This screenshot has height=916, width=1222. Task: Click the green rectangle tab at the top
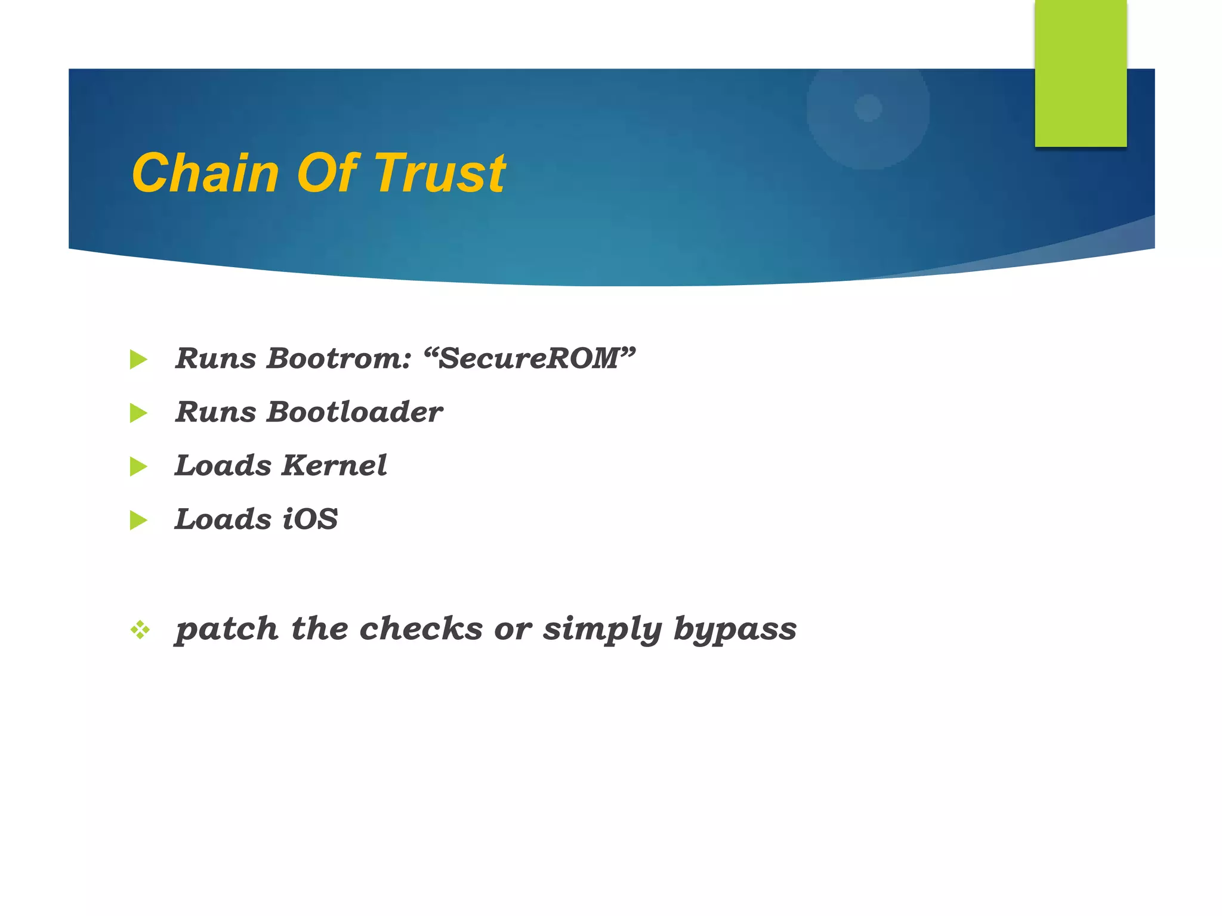pyautogui.click(x=1081, y=73)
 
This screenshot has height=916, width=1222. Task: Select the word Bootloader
pyautogui.click(x=355, y=412)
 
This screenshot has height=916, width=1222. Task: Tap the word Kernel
pyautogui.click(x=334, y=466)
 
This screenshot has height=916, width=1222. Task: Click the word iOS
pyautogui.click(x=310, y=519)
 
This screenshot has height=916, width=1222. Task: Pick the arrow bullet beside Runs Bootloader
pyautogui.click(x=138, y=413)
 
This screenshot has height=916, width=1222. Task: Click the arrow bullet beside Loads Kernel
pyautogui.click(x=138, y=466)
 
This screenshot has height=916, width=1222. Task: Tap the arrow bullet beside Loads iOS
pyautogui.click(x=138, y=520)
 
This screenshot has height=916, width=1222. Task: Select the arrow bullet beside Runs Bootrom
pyautogui.click(x=138, y=360)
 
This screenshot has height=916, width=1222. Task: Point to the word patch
pyautogui.click(x=227, y=630)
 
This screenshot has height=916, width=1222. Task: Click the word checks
pyautogui.click(x=421, y=629)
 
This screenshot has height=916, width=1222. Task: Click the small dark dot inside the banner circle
pyautogui.click(x=868, y=108)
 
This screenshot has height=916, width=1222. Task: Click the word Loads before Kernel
pyautogui.click(x=223, y=466)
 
